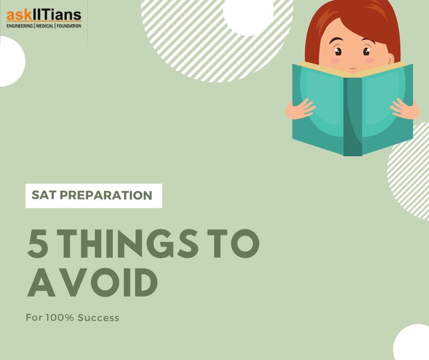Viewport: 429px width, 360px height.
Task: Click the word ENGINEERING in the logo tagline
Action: coord(20,26)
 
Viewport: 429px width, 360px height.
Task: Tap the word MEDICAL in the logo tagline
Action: coord(45,26)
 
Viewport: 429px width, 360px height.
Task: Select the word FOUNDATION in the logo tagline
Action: coord(69,26)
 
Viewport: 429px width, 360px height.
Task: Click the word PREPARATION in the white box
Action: coord(106,196)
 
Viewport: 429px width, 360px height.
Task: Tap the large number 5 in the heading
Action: coord(38,244)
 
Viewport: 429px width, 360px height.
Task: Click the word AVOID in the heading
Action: coord(93,282)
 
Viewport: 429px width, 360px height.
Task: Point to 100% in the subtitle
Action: coord(60,318)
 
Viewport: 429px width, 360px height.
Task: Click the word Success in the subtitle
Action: coord(99,318)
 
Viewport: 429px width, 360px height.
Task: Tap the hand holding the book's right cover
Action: coord(405,109)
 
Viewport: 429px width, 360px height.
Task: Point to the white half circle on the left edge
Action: coord(11,61)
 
